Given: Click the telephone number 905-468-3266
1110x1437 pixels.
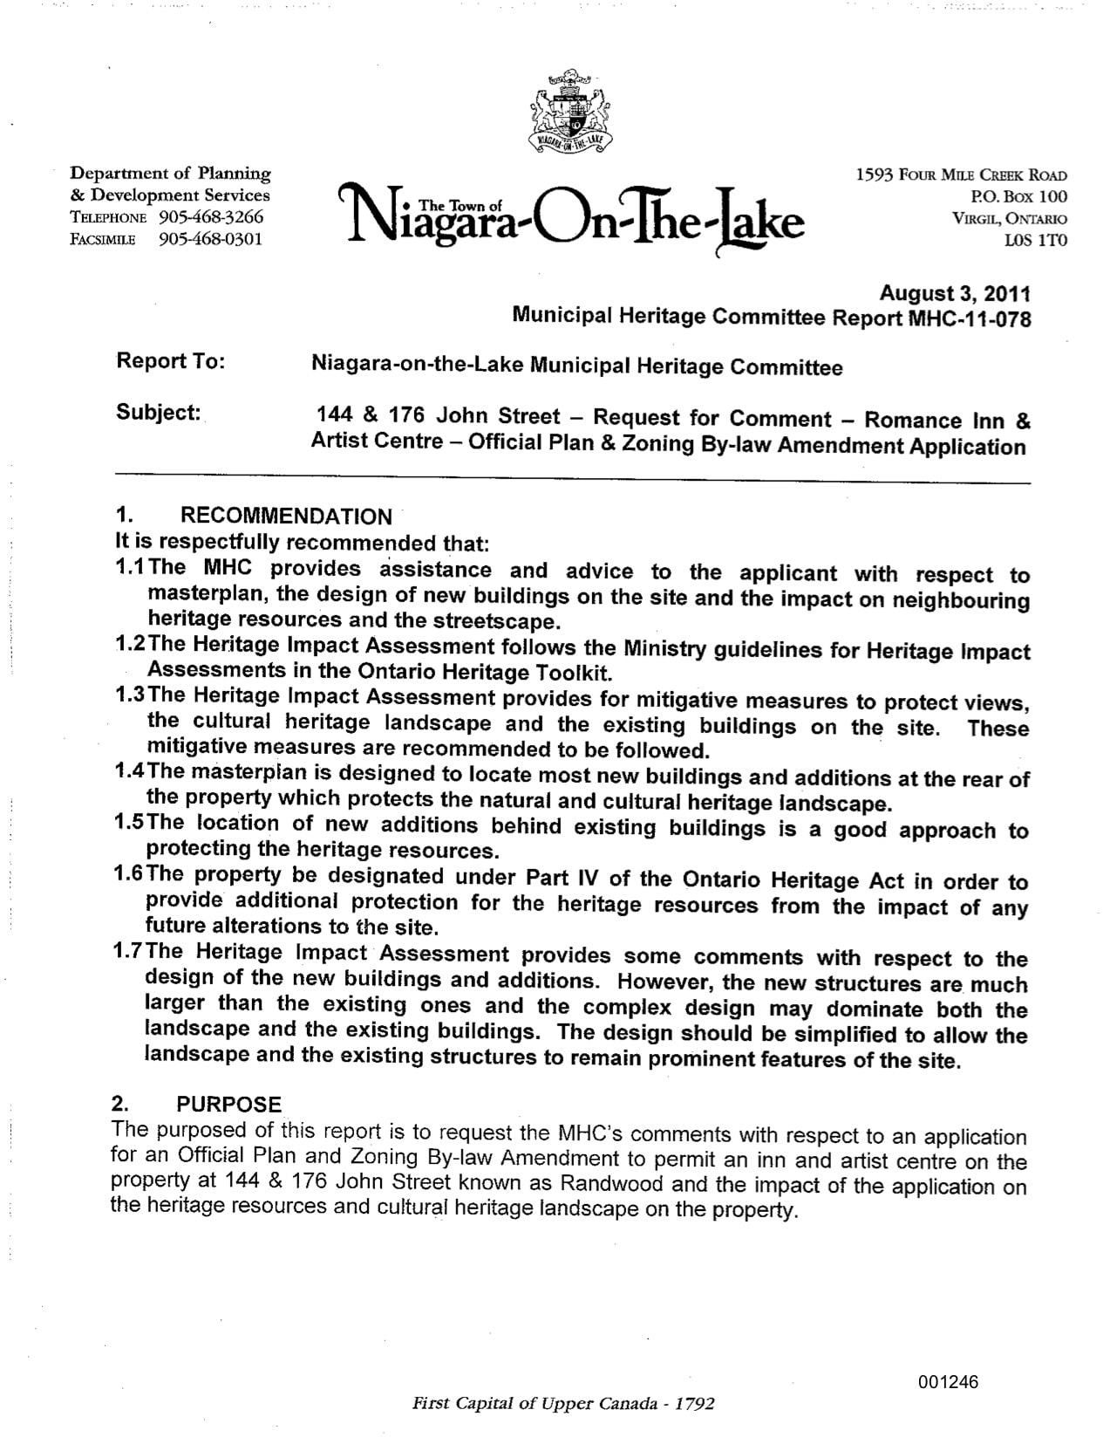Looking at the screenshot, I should pyautogui.click(x=211, y=217).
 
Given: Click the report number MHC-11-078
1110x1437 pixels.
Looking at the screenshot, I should pyautogui.click(x=970, y=318).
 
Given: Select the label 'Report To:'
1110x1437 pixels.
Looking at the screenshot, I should pyautogui.click(x=171, y=361).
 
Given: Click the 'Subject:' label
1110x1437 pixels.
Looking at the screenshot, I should pyautogui.click(x=159, y=413).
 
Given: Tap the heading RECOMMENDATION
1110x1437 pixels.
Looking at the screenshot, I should pyautogui.click(x=286, y=517).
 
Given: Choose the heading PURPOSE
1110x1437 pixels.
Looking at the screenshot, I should pyautogui.click(x=229, y=1105).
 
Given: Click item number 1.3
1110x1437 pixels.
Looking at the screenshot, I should pyautogui.click(x=131, y=696).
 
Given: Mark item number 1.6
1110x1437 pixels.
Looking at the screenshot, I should pyautogui.click(x=131, y=875).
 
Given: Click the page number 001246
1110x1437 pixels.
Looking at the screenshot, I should pyautogui.click(x=948, y=1382).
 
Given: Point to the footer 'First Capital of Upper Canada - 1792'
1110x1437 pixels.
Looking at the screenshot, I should pyautogui.click(x=563, y=1404).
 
